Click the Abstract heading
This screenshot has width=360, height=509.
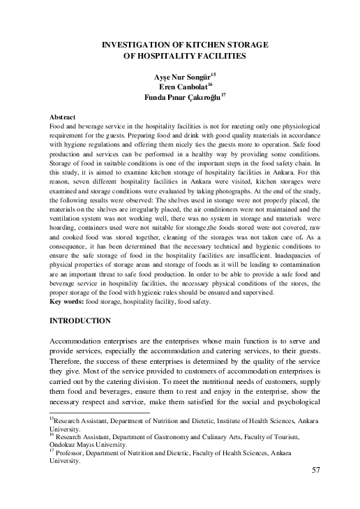click(63, 115)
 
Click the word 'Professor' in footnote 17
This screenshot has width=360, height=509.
click(73, 452)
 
